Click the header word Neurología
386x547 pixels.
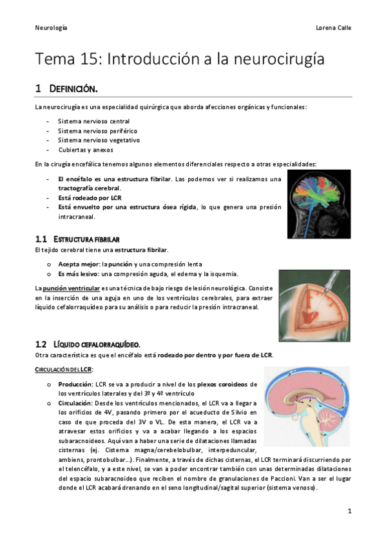click(x=51, y=28)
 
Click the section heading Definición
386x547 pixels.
click(x=73, y=88)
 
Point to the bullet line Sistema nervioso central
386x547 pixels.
click(x=93, y=121)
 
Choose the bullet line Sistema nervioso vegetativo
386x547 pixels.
click(x=99, y=139)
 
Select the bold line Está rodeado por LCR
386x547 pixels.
click(x=90, y=197)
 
